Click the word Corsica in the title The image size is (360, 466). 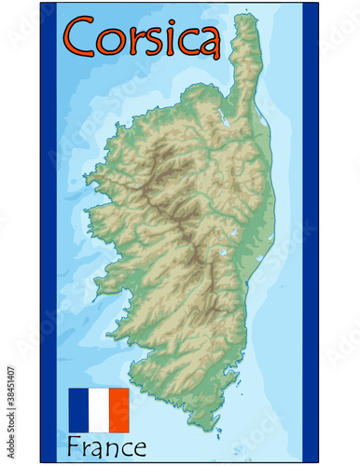pyautogui.click(x=142, y=38)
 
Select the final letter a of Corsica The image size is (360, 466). pyautogui.click(x=208, y=42)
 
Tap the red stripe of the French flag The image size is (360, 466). pyautogui.click(x=118, y=410)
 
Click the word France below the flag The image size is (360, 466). pyautogui.click(x=106, y=445)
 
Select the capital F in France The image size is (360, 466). pyautogui.click(x=75, y=445)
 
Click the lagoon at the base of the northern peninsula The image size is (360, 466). pyautogui.click(x=225, y=120)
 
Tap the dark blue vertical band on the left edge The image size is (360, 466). pyautogui.click(x=48, y=233)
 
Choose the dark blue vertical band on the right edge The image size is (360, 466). pyautogui.click(x=310, y=233)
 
